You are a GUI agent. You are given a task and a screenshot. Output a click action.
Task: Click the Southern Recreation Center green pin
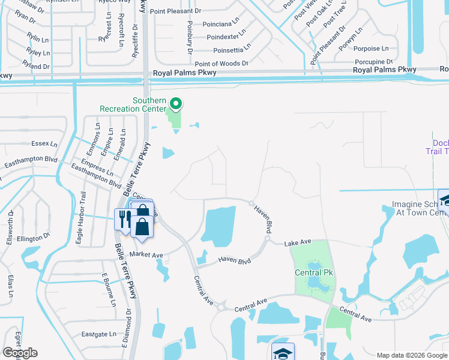point(176,104)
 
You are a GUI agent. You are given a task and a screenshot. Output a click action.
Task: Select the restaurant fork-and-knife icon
point(123,218)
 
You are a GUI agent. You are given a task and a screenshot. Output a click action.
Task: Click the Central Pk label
point(314,273)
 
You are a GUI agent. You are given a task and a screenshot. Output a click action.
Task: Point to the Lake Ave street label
point(298,242)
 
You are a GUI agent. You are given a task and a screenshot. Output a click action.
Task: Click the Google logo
point(20,353)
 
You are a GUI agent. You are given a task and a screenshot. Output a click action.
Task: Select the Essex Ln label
point(45,144)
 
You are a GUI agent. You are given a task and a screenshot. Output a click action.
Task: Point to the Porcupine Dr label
point(374,61)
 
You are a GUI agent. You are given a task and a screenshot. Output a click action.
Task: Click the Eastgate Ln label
point(99,334)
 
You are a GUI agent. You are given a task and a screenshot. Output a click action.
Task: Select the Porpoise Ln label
point(372,49)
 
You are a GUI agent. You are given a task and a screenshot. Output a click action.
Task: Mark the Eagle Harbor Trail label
point(83,208)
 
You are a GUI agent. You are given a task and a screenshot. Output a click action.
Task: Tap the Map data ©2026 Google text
point(412,355)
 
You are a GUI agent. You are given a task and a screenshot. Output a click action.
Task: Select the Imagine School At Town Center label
point(420,208)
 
